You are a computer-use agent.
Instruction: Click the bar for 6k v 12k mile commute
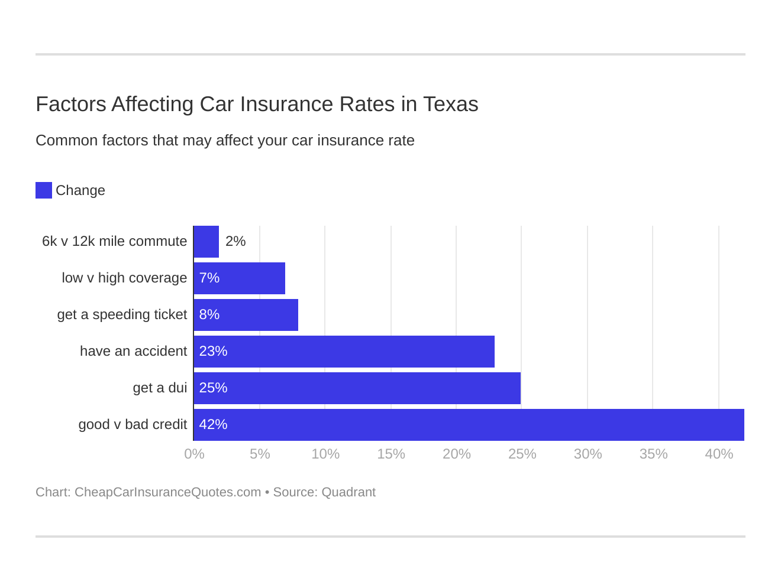click(x=206, y=242)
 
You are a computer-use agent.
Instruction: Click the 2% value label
click(x=235, y=241)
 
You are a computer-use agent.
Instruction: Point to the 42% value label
click(x=213, y=424)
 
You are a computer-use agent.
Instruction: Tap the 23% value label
click(x=213, y=351)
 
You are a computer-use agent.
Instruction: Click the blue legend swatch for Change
click(x=44, y=190)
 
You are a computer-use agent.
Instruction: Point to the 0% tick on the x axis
click(x=194, y=454)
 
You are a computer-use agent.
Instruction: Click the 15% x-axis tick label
click(x=391, y=454)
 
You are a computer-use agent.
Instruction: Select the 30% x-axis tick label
click(x=588, y=454)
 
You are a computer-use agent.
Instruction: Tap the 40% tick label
click(x=719, y=454)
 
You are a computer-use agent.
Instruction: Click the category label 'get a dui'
click(x=160, y=388)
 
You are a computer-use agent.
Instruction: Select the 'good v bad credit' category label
click(x=133, y=424)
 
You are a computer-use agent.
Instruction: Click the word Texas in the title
click(x=450, y=104)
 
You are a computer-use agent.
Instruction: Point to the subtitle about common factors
click(x=225, y=141)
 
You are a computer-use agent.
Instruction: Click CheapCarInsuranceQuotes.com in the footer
click(x=167, y=492)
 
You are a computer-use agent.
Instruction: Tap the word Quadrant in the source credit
click(x=348, y=492)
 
